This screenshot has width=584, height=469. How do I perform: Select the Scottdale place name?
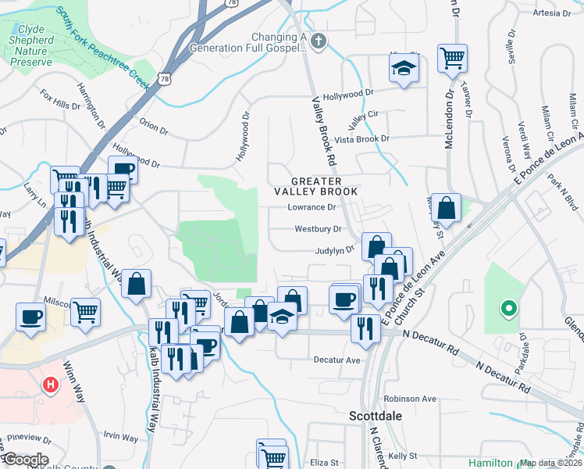coord(375,416)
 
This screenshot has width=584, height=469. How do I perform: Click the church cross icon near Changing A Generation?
coord(318,40)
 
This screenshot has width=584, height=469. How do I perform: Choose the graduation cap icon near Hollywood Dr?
coord(403,69)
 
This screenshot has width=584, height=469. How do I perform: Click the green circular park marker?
coord(508,310)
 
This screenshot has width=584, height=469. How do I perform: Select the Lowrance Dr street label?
coord(312,208)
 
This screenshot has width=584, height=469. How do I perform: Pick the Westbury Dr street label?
coord(318,230)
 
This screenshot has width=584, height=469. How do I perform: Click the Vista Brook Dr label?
coord(361,138)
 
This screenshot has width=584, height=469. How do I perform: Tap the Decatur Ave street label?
coord(337,360)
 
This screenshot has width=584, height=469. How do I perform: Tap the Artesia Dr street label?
coord(551,13)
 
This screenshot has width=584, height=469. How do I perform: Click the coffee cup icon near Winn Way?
coord(30,317)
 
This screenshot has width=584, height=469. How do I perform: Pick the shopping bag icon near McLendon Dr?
coord(445,208)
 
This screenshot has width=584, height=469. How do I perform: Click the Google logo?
coord(25,460)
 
